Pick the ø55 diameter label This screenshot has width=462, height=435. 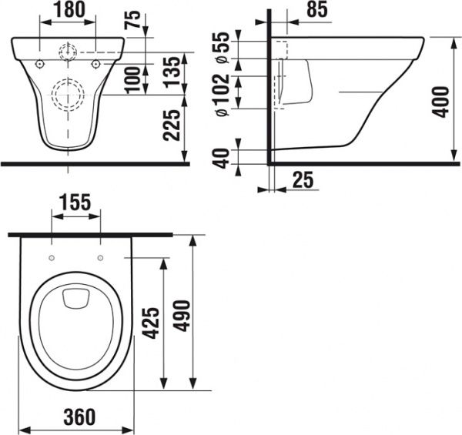tap(222, 48)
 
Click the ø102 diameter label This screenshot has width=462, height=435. tap(222, 94)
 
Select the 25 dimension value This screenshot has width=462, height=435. tap(303, 181)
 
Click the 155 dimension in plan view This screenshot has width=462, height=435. tap(75, 202)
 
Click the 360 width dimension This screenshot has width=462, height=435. tap(75, 418)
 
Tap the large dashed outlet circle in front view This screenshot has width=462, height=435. tap(67, 95)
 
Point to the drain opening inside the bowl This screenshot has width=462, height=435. tap(75, 297)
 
